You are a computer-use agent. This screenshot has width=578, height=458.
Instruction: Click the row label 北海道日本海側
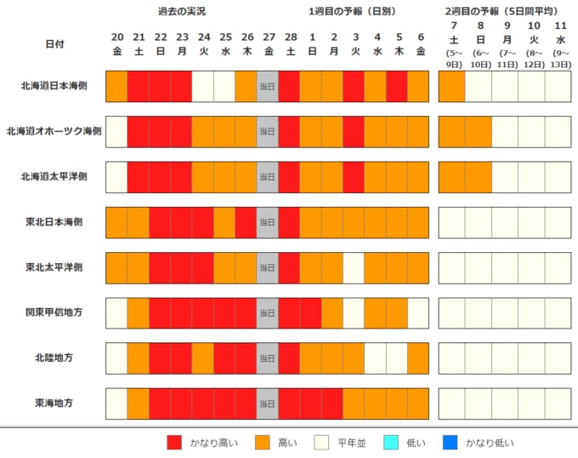(53, 86)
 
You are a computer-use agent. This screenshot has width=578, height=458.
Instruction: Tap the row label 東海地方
(53, 402)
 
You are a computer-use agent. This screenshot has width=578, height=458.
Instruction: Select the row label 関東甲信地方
(53, 312)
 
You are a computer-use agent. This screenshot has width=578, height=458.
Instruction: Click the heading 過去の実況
(182, 12)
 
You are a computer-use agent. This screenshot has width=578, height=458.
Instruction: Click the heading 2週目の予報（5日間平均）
(501, 12)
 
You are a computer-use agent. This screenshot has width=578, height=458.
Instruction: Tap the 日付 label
(54, 43)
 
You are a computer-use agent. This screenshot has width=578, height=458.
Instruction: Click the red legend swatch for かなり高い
(175, 442)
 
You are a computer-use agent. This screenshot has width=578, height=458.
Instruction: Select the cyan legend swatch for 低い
(392, 442)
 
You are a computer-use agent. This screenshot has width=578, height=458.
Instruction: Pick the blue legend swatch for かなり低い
(450, 442)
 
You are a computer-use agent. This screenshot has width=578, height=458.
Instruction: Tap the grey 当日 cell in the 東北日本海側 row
(267, 221)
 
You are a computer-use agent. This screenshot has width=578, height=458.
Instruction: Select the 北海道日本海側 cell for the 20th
(116, 86)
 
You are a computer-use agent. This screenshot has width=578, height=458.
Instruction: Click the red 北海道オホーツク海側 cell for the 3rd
(354, 131)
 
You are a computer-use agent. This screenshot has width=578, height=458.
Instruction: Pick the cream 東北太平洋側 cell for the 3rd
(354, 266)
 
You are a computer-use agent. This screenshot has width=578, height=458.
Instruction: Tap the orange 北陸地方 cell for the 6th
(418, 357)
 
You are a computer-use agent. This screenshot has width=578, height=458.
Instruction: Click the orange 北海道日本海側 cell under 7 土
(451, 86)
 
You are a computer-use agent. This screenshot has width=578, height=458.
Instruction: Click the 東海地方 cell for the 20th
(116, 402)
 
